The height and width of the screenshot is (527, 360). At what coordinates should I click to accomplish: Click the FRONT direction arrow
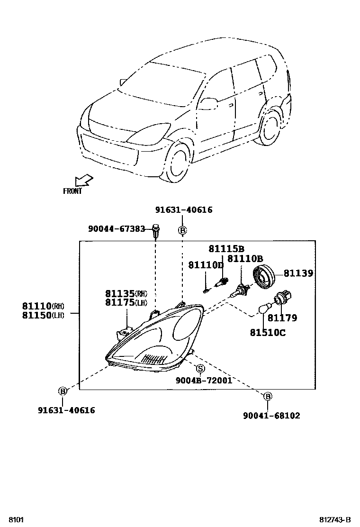click(x=84, y=181)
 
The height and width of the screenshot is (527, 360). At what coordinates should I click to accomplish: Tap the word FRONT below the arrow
click(x=72, y=191)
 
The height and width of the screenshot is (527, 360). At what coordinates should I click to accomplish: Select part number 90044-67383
click(x=117, y=229)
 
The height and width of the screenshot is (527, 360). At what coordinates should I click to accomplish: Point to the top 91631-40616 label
click(x=183, y=210)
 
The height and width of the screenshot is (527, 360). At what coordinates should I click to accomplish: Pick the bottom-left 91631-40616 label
click(x=66, y=410)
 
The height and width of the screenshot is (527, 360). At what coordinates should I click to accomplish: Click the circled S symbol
click(x=200, y=369)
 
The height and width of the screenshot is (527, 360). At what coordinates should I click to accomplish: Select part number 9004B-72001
click(x=204, y=380)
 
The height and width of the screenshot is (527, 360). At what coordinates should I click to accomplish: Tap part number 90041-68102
click(x=271, y=416)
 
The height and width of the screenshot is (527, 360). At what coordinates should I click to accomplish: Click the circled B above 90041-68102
click(x=267, y=396)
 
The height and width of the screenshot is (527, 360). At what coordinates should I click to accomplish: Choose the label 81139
click(x=298, y=273)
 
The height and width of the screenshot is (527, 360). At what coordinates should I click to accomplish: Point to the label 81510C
click(x=268, y=333)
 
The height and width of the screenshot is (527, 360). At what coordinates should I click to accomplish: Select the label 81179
click(x=282, y=318)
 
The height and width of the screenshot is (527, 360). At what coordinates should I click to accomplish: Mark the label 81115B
click(x=226, y=249)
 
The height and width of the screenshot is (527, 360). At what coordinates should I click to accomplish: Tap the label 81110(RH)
click(x=42, y=306)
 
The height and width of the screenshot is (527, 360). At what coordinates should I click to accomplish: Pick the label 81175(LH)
click(x=126, y=303)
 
